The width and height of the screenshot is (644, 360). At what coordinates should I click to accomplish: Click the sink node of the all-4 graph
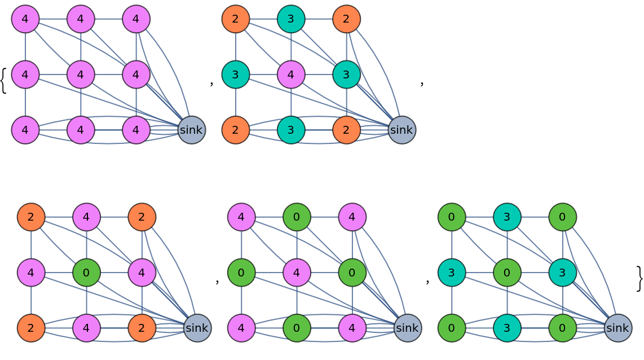click(191, 130)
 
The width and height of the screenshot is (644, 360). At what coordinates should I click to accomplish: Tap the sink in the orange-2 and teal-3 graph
click(402, 130)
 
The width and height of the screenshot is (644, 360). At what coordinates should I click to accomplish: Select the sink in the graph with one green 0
click(197, 328)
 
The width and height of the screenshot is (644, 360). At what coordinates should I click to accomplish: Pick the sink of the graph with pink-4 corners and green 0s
click(407, 328)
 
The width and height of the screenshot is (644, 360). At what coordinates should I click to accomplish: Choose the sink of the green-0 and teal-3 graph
click(617, 328)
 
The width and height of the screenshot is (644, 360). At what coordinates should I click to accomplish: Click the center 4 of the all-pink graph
click(81, 74)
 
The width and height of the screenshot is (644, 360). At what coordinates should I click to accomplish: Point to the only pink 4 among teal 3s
click(291, 74)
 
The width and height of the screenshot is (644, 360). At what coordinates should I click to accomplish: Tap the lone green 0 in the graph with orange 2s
click(86, 273)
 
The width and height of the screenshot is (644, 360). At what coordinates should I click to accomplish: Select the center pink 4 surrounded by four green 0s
click(297, 273)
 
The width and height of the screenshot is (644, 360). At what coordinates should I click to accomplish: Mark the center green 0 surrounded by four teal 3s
click(507, 273)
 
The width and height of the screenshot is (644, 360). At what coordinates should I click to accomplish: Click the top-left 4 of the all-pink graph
click(25, 19)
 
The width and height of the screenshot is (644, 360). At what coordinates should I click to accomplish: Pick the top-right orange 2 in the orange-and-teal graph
click(346, 19)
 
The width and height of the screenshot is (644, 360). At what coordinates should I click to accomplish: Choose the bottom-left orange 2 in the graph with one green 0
click(31, 328)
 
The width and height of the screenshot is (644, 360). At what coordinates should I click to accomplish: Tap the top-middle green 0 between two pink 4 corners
click(297, 217)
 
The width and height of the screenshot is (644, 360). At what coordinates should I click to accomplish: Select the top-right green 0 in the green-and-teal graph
click(562, 217)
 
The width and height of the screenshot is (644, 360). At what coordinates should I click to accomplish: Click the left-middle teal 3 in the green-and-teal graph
click(452, 273)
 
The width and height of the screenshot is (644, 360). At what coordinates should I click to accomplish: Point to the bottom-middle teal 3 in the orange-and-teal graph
click(291, 130)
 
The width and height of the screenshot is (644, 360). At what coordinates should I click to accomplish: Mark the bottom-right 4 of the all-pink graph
click(136, 130)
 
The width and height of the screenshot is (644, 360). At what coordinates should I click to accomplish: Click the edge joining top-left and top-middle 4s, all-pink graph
click(53, 19)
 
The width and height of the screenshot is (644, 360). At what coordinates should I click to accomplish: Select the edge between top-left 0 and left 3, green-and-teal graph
click(452, 245)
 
